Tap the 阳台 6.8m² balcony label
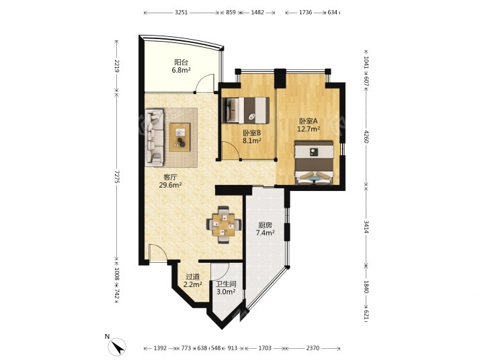[182, 66]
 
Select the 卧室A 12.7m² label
[308, 125]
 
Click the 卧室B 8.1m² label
[252, 136]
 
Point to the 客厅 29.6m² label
[170, 182]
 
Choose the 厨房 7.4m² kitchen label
[265, 229]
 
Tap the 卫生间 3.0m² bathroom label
[226, 288]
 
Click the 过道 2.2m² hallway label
[193, 280]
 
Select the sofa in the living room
[155, 136]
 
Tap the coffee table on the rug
[179, 137]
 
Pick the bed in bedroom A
[314, 163]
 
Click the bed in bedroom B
[246, 110]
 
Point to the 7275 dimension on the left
[117, 176]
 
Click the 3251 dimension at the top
[182, 13]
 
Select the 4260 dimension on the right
[366, 136]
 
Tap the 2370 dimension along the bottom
[313, 348]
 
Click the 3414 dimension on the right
[366, 227]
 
